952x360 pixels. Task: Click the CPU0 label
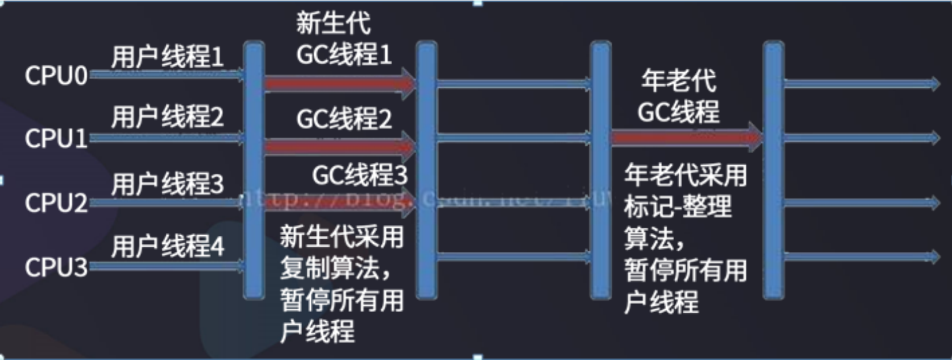(x=55, y=76)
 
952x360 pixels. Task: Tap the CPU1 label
(x=55, y=139)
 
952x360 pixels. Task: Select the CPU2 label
(x=55, y=203)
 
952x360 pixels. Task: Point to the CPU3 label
(x=55, y=267)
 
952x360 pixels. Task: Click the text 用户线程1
(x=167, y=57)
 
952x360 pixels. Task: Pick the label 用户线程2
(x=167, y=117)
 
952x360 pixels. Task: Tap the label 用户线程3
(x=167, y=185)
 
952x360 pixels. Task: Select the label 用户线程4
(x=167, y=247)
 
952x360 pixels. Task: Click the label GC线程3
(x=359, y=175)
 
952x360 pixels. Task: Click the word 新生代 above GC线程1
(x=333, y=24)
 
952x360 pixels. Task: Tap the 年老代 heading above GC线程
(x=678, y=80)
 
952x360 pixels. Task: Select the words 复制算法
(x=330, y=268)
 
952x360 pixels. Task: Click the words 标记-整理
(x=678, y=206)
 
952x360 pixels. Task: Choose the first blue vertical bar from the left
(x=254, y=170)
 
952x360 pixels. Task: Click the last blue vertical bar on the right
(x=773, y=170)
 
